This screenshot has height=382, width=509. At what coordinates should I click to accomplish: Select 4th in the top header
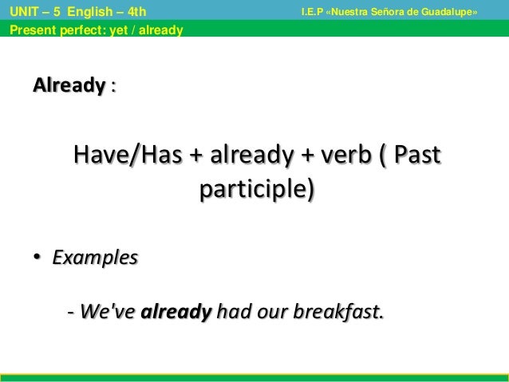(134, 12)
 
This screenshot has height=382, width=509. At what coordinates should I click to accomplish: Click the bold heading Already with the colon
(73, 85)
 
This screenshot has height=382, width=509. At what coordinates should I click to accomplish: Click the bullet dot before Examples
(36, 259)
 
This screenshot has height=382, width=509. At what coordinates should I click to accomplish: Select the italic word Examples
(94, 259)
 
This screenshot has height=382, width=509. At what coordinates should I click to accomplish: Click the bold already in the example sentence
(176, 312)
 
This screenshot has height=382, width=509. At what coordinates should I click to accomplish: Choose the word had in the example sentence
(232, 312)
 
